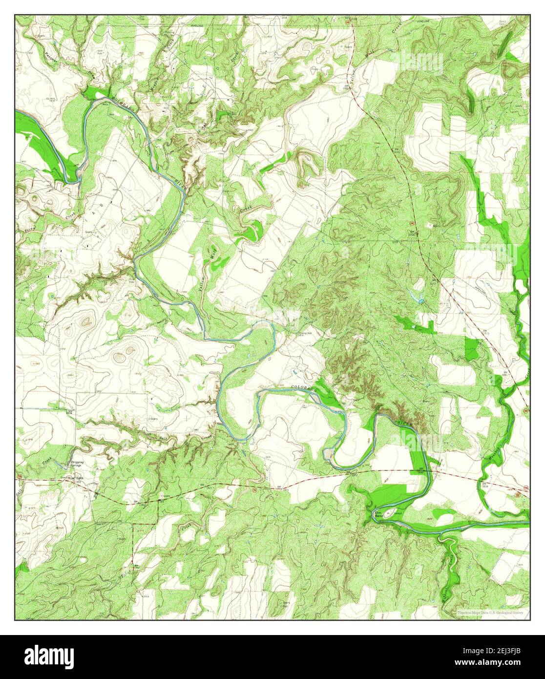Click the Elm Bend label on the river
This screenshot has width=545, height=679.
click(x=377, y=514)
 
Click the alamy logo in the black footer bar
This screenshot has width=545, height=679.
click(x=49, y=655)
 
